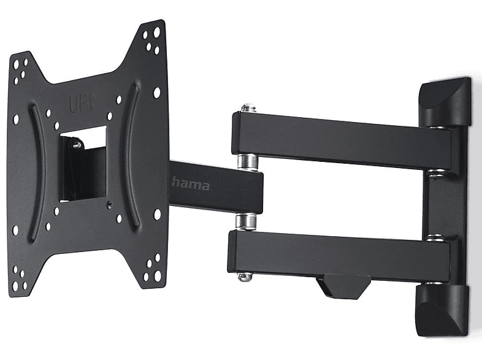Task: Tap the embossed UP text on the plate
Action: coord(81,102)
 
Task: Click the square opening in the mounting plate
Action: coord(83,164)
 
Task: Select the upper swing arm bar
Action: coord(341,140)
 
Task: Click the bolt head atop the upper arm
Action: coord(248,108)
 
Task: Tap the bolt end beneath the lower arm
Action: coord(245,277)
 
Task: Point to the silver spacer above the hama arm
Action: coord(247,162)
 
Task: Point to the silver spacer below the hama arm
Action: coord(246,221)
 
